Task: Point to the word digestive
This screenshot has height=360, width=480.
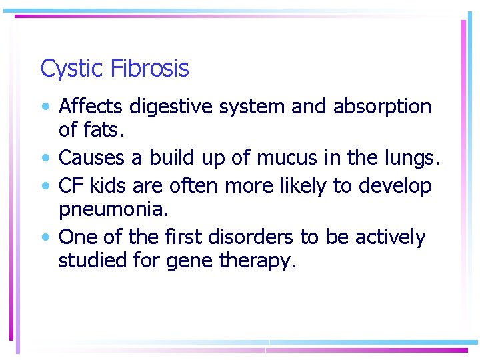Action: tap(171, 107)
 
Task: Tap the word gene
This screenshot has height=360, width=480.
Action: tap(191, 261)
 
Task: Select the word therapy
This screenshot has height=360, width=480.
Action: tap(257, 261)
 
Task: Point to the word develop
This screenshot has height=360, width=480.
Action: tap(395, 186)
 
